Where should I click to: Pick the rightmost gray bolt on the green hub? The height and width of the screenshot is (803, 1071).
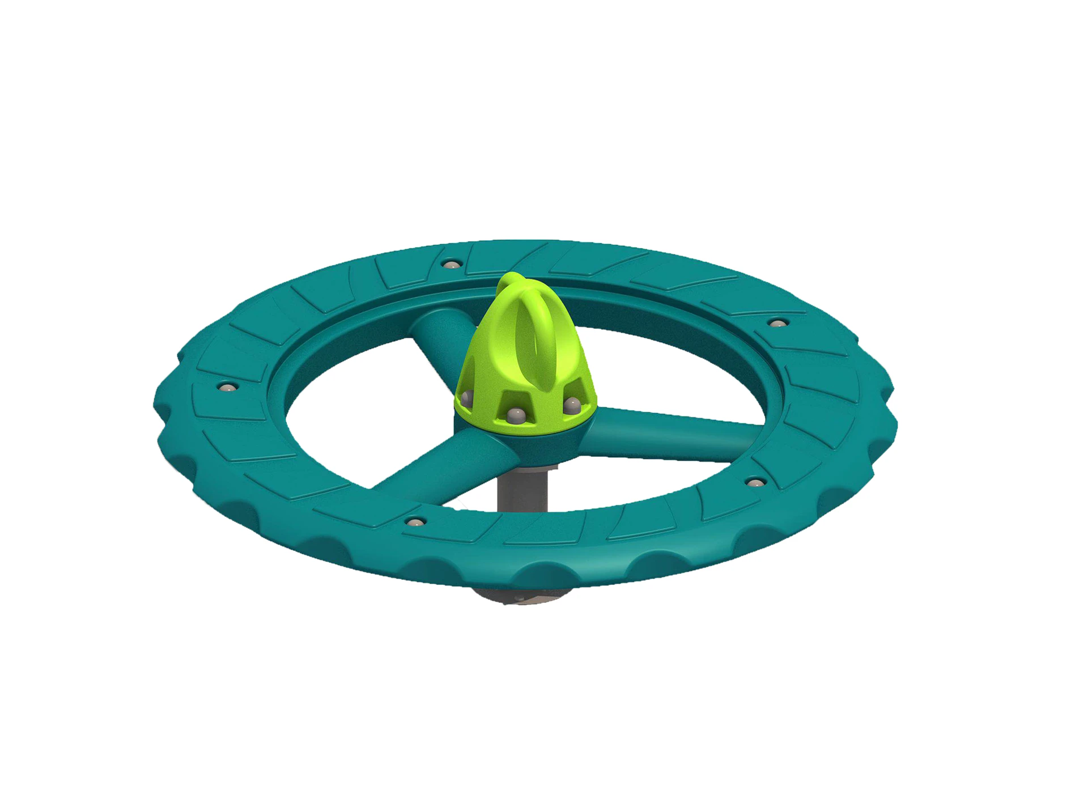[x=572, y=405]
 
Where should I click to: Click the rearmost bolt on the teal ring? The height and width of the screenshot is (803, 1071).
[x=451, y=264]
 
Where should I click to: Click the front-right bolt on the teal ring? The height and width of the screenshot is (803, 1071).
[x=755, y=483]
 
